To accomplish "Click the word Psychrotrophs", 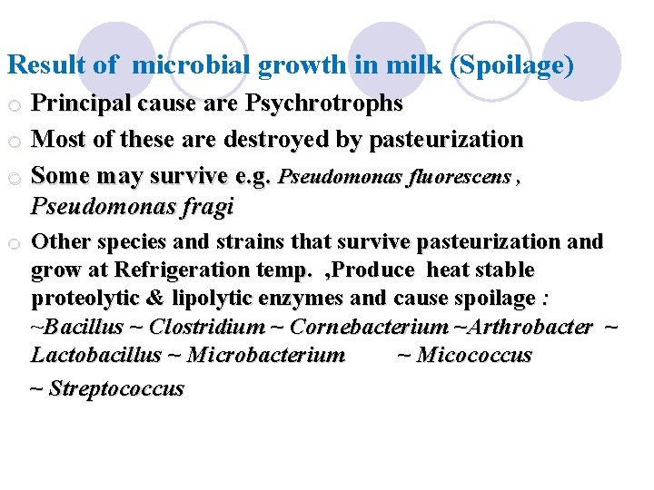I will click(324, 104).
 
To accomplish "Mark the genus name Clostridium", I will click(207, 327).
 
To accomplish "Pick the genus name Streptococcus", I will click(116, 388).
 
